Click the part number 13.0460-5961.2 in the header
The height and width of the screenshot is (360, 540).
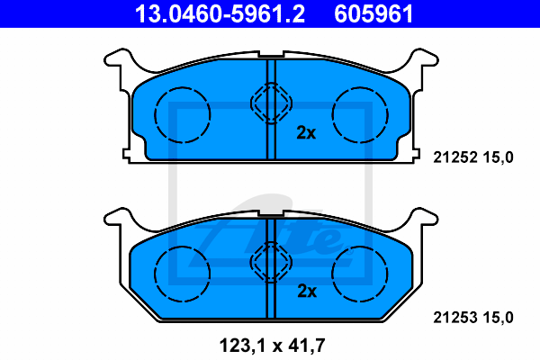click(220, 13)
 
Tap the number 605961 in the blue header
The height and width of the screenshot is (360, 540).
click(373, 13)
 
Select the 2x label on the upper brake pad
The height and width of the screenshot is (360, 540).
click(306, 132)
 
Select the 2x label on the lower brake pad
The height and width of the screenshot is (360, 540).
click(307, 291)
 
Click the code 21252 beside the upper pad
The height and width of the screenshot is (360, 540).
click(455, 157)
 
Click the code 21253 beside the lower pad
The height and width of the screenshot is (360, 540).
click(455, 318)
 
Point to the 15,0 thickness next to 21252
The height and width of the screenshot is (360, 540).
click(499, 157)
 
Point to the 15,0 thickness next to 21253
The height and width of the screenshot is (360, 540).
click(499, 318)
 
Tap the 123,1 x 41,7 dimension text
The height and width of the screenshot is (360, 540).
click(272, 346)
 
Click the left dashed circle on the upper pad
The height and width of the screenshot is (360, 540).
click(155, 114)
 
